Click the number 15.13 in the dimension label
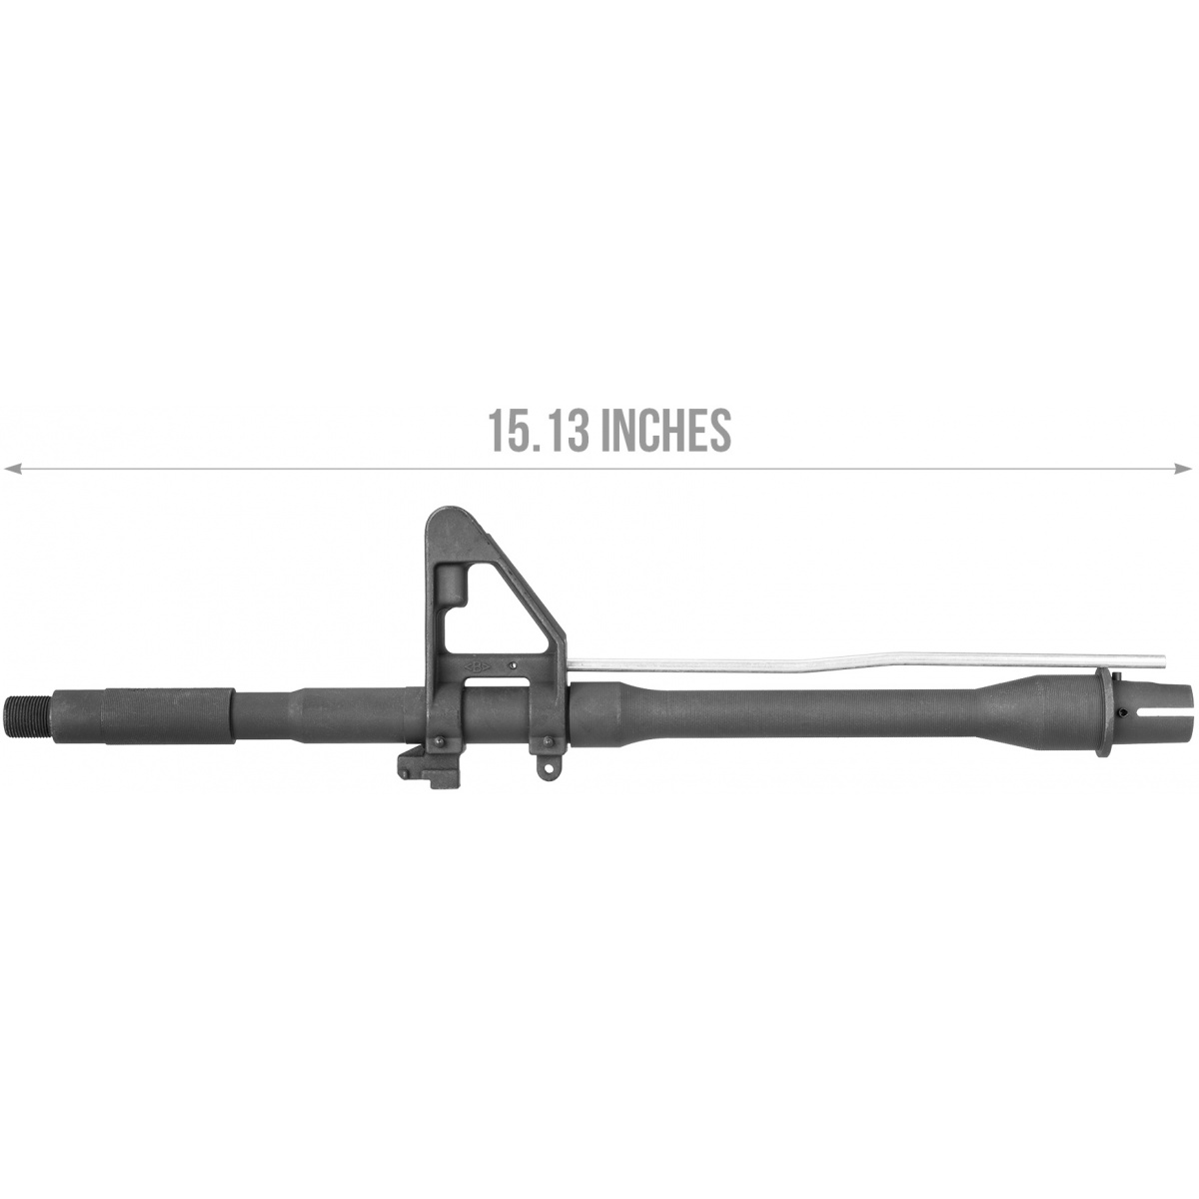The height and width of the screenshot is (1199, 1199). point(538,430)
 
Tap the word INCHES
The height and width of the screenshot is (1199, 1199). point(668,430)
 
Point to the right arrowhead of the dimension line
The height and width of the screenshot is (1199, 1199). point(1183,469)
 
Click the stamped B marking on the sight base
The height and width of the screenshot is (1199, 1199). point(477,667)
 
